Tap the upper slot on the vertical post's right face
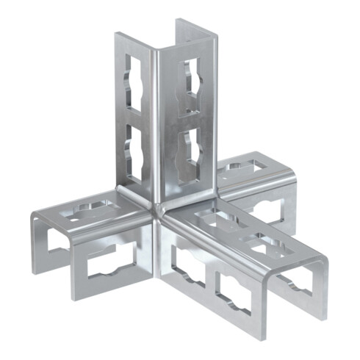tap(191, 85)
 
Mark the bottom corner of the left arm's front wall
tap(76, 298)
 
